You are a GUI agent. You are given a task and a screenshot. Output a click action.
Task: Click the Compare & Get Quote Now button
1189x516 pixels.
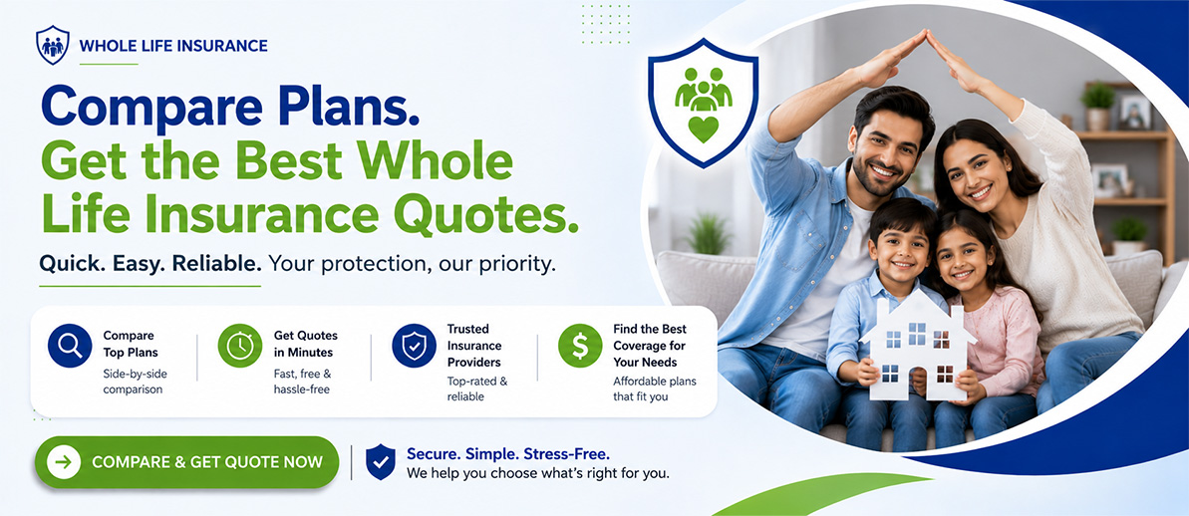tap(186, 462)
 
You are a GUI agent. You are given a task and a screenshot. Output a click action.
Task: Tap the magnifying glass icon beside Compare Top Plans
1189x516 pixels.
tap(70, 346)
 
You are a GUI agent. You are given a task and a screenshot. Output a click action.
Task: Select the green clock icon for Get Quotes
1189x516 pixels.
tap(239, 346)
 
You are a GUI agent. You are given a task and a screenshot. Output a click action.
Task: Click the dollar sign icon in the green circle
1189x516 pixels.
tap(580, 346)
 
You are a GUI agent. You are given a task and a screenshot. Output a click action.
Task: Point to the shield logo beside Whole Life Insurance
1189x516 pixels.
tap(52, 45)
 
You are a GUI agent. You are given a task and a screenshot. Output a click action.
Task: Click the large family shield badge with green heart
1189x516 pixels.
tap(703, 103)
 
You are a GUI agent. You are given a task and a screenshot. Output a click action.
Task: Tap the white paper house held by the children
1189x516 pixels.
tap(918, 346)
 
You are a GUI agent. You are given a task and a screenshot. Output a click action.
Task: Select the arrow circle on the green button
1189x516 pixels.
tap(64, 462)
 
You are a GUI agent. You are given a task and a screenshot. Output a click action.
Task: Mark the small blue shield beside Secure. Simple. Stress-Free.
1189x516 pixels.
tap(380, 462)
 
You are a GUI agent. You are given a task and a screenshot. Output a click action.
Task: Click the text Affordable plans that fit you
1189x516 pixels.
tap(655, 387)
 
